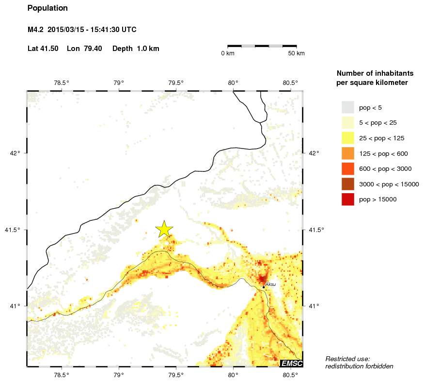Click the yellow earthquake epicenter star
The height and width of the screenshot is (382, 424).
pyautogui.click(x=164, y=229)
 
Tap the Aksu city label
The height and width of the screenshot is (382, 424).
pyautogui.click(x=270, y=284)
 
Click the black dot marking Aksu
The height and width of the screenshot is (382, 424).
pyautogui.click(x=264, y=287)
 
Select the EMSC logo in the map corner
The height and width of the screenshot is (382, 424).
pyautogui.click(x=292, y=363)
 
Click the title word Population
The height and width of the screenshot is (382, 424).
pyautogui.click(x=47, y=8)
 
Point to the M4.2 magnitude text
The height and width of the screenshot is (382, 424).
pyautogui.click(x=36, y=30)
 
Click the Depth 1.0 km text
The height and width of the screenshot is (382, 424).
pyautogui.click(x=136, y=49)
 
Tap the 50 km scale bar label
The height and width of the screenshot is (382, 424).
pyautogui.click(x=296, y=53)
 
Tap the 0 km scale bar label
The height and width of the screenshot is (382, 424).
pyautogui.click(x=227, y=53)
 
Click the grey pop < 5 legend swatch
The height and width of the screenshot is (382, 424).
pyautogui.click(x=348, y=107)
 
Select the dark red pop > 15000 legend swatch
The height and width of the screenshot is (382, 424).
pyautogui.click(x=348, y=199)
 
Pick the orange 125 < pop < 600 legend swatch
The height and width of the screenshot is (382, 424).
pyautogui.click(x=348, y=153)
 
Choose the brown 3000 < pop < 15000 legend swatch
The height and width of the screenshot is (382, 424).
pyautogui.click(x=348, y=184)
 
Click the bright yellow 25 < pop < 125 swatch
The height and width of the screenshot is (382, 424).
pyautogui.click(x=348, y=138)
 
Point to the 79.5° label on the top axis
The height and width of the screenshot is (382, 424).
pyautogui.click(x=176, y=83)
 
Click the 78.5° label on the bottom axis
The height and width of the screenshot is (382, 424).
pyautogui.click(x=62, y=374)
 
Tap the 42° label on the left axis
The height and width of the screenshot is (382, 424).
pyautogui.click(x=16, y=153)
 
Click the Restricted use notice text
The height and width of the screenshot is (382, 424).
pyautogui.click(x=347, y=359)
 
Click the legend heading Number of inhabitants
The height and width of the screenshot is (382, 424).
pyautogui.click(x=375, y=73)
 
